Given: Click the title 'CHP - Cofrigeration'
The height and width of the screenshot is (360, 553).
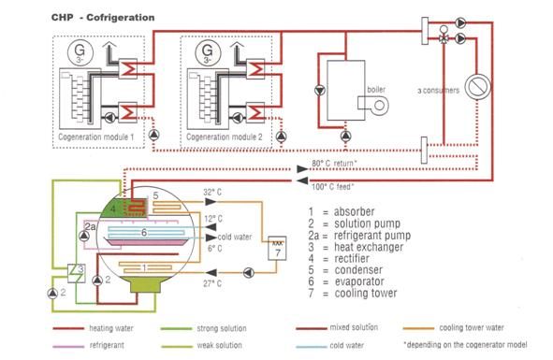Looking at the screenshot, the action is [x=103, y=18].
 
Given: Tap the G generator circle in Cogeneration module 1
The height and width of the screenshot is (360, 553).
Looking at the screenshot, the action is [x=80, y=52].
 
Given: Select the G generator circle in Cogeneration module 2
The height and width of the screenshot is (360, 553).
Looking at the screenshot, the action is [x=208, y=52].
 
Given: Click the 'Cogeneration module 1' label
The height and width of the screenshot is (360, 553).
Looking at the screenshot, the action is [x=96, y=137].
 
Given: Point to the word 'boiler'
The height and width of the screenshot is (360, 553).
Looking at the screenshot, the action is [x=376, y=90].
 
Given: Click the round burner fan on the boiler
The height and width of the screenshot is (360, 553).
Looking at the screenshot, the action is [x=380, y=105].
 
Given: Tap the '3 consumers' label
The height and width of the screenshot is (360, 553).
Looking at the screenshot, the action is [x=439, y=91].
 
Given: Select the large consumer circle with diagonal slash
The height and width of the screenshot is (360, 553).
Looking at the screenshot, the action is [x=477, y=87].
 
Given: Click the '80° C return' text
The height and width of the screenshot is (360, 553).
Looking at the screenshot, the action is [x=334, y=164].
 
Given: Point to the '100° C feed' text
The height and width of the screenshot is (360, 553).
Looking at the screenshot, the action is [x=332, y=187].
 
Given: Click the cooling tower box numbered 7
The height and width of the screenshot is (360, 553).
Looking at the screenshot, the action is [x=277, y=249].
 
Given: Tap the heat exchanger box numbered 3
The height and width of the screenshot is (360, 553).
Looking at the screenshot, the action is [x=77, y=273].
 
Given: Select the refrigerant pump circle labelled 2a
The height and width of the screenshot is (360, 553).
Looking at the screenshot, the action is [x=84, y=236].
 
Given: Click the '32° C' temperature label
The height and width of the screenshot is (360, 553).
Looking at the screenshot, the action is [x=212, y=193].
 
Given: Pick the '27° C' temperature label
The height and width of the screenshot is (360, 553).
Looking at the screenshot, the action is [x=212, y=283].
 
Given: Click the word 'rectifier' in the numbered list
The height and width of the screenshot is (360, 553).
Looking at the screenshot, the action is [x=352, y=258].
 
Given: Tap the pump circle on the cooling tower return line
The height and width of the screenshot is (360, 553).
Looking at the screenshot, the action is [x=249, y=272].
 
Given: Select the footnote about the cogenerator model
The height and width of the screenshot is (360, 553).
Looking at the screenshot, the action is [x=466, y=344].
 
